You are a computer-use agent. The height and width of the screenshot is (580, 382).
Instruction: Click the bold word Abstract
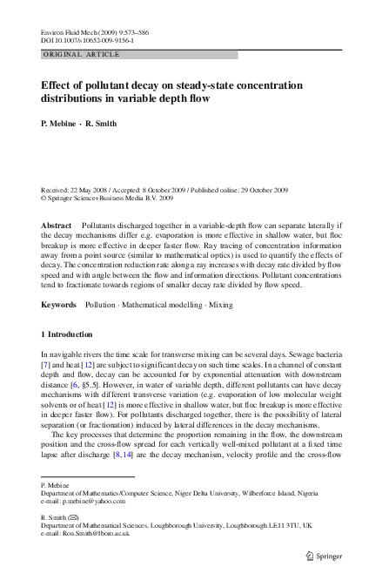point(57,225)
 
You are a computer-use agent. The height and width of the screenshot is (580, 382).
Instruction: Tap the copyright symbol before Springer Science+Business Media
point(44,198)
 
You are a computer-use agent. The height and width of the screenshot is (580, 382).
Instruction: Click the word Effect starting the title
point(58,85)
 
